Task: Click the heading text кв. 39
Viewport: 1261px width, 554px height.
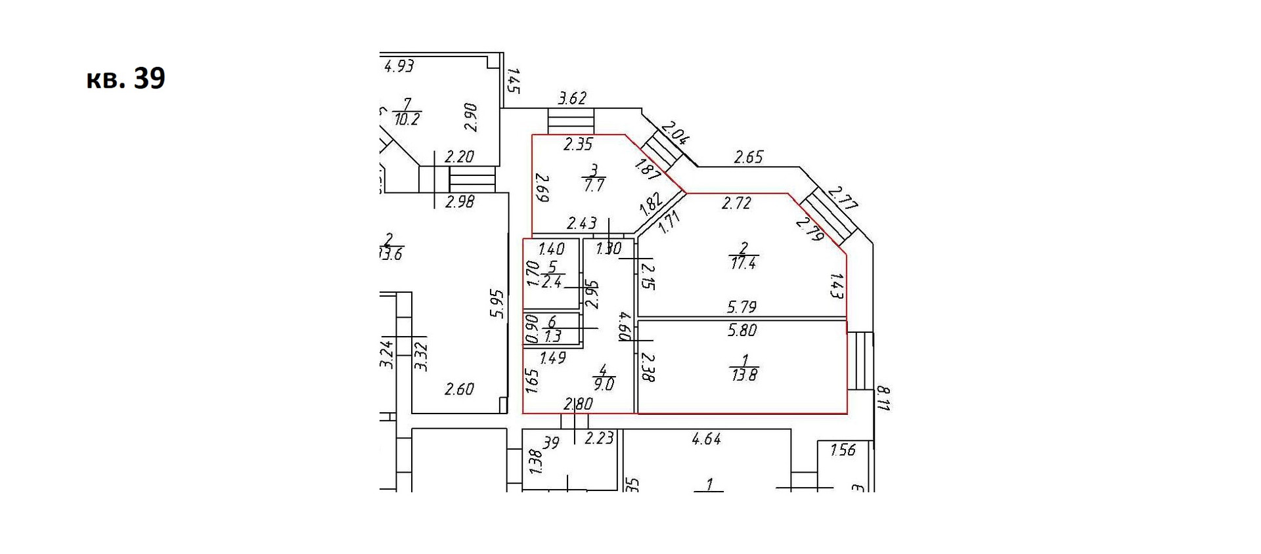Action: click(x=125, y=79)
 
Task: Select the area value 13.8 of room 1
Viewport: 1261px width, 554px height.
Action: click(x=743, y=375)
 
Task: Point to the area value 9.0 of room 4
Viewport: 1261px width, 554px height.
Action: click(x=603, y=384)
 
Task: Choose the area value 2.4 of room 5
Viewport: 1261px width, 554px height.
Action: click(x=552, y=282)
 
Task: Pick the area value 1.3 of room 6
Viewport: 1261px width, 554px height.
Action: click(x=552, y=336)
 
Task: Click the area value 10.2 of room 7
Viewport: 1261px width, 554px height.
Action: click(x=407, y=119)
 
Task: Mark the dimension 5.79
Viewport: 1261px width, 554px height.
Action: click(x=741, y=307)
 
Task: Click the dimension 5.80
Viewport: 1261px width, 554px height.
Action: click(x=742, y=331)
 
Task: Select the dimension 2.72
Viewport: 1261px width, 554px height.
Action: click(x=736, y=203)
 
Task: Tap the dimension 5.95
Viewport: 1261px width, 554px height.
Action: click(x=497, y=303)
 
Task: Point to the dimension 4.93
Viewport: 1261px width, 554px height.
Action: click(x=399, y=66)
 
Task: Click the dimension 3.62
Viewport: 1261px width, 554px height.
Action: click(x=571, y=98)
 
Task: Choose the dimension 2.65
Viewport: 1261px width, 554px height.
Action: click(x=748, y=157)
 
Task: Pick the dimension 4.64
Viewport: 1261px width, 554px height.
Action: click(x=706, y=439)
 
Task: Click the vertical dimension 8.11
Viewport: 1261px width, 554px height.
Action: click(x=883, y=398)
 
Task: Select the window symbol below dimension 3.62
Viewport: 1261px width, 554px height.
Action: click(x=571, y=121)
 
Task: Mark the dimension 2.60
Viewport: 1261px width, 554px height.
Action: click(x=458, y=389)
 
